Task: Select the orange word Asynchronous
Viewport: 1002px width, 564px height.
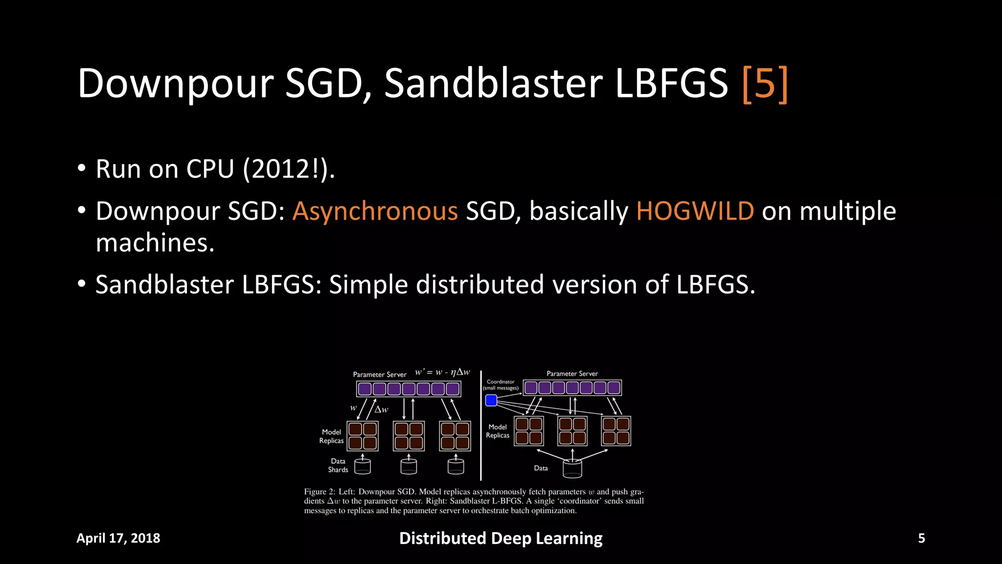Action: coord(375,211)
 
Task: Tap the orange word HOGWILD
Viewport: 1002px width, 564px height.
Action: coord(695,211)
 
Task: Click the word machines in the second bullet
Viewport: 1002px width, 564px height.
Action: coord(155,243)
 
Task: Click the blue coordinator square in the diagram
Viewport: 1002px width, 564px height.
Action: coord(491,400)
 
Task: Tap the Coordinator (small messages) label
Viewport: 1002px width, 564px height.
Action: coord(501,385)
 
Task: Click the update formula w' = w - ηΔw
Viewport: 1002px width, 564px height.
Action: coord(442,372)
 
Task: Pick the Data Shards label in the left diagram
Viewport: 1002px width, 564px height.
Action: coord(338,466)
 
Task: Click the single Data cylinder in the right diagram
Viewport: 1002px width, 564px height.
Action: coord(572,469)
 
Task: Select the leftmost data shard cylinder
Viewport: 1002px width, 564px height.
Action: coord(363,467)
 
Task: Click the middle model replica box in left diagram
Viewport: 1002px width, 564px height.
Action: coord(409,436)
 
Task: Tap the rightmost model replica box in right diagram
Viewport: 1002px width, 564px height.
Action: coord(616,431)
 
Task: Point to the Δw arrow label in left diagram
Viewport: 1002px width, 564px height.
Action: coord(381,409)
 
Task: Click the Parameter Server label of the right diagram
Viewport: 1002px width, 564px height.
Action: coord(572,374)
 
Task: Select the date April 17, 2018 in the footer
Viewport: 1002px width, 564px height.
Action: coord(118,538)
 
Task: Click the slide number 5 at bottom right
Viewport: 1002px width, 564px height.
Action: coord(921,538)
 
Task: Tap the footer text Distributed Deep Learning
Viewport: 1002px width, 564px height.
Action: coord(501,538)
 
